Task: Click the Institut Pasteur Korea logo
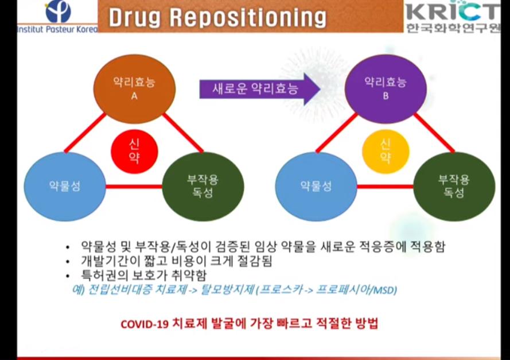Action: point(58,17)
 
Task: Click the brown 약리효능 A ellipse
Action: point(134,88)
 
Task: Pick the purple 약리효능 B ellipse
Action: point(386,88)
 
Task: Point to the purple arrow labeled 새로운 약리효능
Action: point(259,89)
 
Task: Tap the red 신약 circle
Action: point(134,152)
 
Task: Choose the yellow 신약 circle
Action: point(386,152)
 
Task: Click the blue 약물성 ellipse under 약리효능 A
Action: point(65,187)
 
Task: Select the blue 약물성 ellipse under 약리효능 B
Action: point(316,187)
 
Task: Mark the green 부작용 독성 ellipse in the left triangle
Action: point(203,187)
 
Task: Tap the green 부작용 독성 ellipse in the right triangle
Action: point(454,187)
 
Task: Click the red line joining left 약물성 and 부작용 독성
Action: point(134,187)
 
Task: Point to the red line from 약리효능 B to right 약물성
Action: point(337,133)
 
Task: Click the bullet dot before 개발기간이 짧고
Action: point(68,262)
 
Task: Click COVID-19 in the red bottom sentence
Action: point(145,324)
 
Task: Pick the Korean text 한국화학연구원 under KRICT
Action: point(453,28)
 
